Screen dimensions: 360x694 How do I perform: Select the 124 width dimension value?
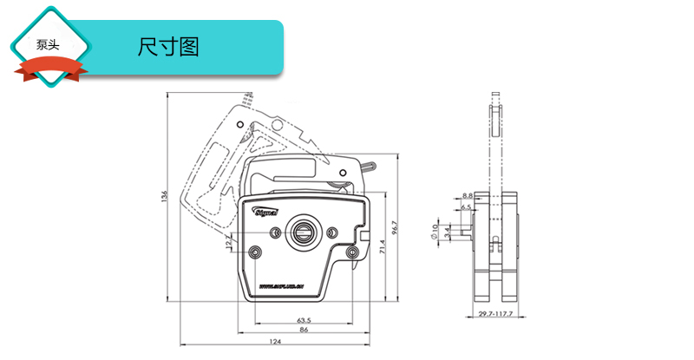(x=275, y=341)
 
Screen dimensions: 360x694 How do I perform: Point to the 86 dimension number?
(x=303, y=331)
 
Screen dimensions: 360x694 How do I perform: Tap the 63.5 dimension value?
(x=304, y=320)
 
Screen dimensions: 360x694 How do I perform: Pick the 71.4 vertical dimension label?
(x=382, y=247)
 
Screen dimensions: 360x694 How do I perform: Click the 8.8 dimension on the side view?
(x=467, y=196)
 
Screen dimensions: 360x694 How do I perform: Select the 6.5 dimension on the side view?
(x=466, y=207)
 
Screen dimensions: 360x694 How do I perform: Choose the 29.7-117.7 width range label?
(x=495, y=314)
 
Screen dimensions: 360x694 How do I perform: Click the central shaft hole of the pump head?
(x=304, y=231)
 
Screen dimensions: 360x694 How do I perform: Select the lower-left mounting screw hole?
(x=255, y=252)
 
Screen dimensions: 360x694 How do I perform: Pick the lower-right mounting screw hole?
(x=351, y=252)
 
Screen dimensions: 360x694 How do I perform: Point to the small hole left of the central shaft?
(x=276, y=232)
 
